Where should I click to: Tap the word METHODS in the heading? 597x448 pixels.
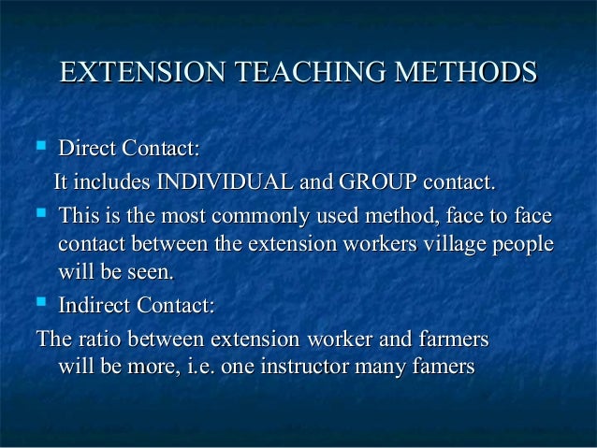(x=467, y=73)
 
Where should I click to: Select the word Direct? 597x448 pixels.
(x=85, y=149)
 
